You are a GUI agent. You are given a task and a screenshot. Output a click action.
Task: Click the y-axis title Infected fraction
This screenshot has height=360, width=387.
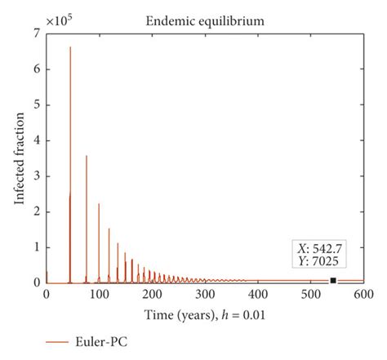pos(18,159)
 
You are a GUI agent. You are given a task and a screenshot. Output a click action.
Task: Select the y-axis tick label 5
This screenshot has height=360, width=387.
pos(37,105)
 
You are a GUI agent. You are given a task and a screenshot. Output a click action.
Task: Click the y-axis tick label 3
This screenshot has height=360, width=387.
pos(37,176)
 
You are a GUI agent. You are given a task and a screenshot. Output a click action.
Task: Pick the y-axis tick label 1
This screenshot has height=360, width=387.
pos(37,247)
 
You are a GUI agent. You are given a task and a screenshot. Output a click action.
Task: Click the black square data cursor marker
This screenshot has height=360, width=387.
pos(333,281)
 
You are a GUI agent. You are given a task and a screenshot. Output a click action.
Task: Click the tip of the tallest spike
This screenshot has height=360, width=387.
pos(70,47)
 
